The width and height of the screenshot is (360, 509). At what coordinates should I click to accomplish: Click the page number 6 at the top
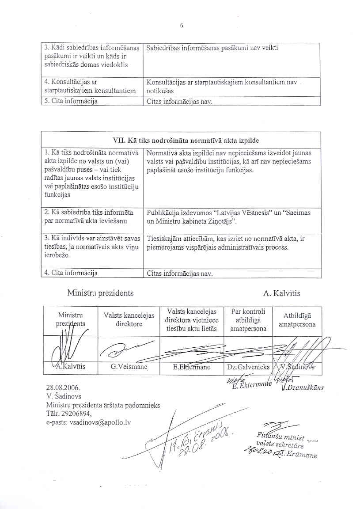(181, 25)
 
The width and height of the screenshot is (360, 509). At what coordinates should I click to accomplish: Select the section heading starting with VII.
(181, 140)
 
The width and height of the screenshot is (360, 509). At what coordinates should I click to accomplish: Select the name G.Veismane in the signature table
(129, 367)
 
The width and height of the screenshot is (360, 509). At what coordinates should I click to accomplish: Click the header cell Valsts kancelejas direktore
(129, 320)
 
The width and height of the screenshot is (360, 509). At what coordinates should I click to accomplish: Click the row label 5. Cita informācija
(71, 101)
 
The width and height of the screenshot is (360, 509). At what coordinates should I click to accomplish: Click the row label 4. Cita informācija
(71, 273)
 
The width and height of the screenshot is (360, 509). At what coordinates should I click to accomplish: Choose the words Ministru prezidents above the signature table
(100, 293)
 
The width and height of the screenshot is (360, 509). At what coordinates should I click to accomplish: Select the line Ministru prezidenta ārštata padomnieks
(103, 405)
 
